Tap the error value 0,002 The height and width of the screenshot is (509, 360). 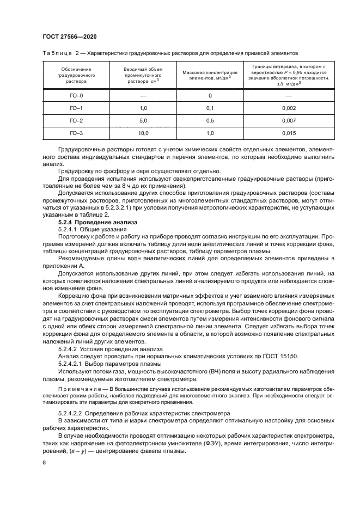coord(289,108)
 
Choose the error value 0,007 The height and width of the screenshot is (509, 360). coord(289,120)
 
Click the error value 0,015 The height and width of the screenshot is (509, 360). coord(289,132)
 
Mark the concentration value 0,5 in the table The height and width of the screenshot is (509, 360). coord(210,120)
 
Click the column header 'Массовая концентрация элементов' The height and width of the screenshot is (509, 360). coord(210,75)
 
